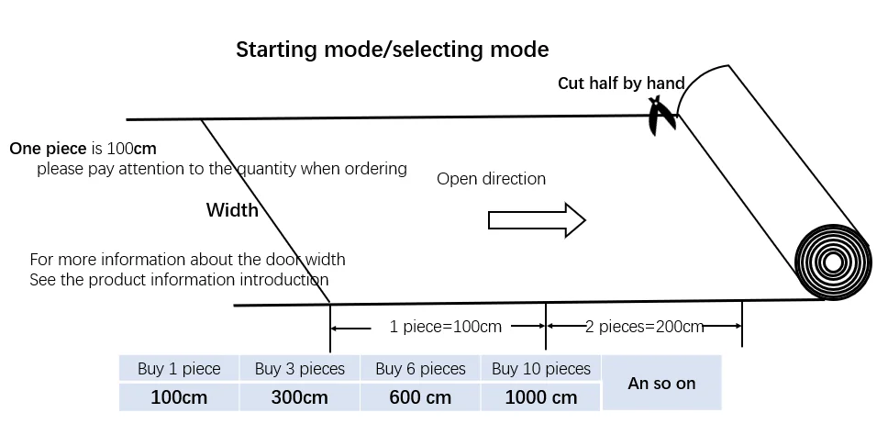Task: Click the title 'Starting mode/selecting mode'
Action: click(392, 50)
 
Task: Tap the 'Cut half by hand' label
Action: click(621, 84)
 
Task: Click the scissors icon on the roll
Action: click(661, 116)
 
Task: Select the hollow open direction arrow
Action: click(537, 220)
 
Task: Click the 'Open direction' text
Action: click(491, 179)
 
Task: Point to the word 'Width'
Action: click(232, 210)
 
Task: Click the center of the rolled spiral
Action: click(833, 262)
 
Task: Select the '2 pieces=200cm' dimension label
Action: click(644, 327)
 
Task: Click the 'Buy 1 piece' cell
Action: click(179, 369)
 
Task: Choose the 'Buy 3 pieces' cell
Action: click(300, 369)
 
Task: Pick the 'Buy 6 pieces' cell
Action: click(420, 369)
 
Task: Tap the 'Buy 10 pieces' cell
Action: click(541, 369)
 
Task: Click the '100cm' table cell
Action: click(179, 397)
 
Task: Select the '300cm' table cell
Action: click(300, 397)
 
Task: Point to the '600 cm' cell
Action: click(420, 397)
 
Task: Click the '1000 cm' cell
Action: click(541, 397)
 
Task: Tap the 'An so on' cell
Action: click(661, 384)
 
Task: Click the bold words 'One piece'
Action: click(47, 148)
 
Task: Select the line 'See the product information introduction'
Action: click(179, 279)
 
